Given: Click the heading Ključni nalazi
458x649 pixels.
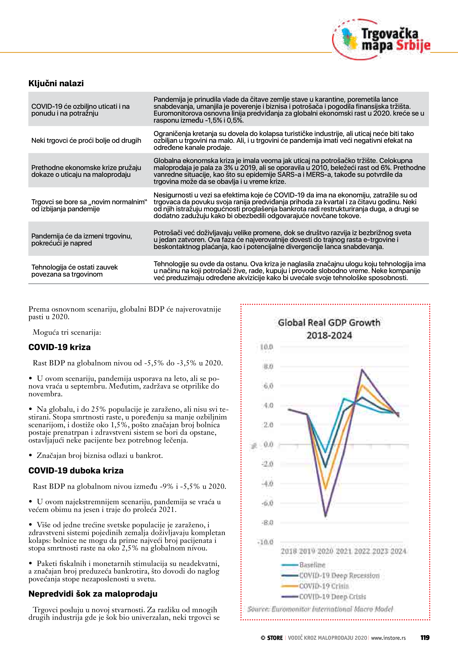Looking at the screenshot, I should (56, 83).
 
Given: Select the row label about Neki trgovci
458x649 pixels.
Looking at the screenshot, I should (86, 140).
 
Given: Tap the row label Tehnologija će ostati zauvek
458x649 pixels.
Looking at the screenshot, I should (74, 270).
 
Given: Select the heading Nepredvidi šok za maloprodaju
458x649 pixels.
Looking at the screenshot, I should (93, 594).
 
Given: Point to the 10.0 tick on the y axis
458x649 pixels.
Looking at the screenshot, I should (267, 347).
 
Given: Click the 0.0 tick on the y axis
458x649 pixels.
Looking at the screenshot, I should (268, 444).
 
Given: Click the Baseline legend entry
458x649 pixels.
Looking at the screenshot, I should (312, 565).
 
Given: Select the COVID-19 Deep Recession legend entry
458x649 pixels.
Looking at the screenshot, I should (339, 576).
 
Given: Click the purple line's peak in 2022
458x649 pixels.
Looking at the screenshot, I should (362, 369).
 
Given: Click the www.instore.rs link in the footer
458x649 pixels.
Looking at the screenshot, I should (388, 638).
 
